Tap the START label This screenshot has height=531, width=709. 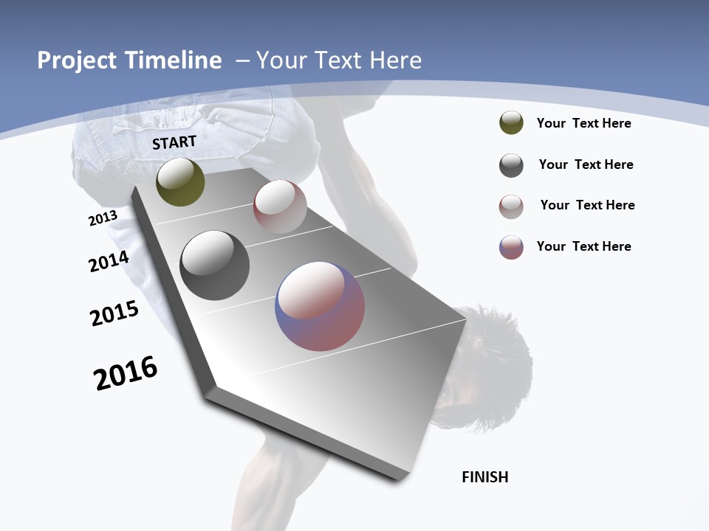click(x=174, y=142)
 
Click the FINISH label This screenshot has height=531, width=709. click(x=485, y=477)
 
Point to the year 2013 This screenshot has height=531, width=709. click(x=103, y=218)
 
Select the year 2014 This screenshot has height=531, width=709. click(x=109, y=261)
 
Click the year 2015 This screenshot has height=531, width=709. click(x=114, y=313)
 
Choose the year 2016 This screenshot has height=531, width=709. click(x=126, y=373)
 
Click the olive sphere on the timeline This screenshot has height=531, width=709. click(x=180, y=182)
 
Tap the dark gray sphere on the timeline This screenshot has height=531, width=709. click(x=215, y=265)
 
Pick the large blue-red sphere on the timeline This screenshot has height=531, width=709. click(x=320, y=306)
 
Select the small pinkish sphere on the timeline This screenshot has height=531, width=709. click(x=280, y=206)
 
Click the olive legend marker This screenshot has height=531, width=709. click(x=511, y=123)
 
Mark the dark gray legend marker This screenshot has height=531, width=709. click(x=511, y=165)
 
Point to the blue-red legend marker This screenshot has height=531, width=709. click(x=511, y=247)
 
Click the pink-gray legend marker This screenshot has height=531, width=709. click(x=511, y=206)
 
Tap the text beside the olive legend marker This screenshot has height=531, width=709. click(x=583, y=123)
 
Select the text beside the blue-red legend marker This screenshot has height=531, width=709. click(x=583, y=246)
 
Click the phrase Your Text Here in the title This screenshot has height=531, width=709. click(x=339, y=60)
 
